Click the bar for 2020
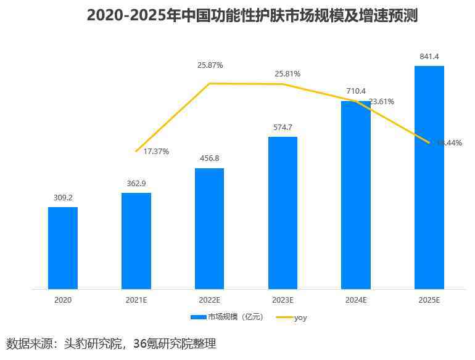click(63, 248)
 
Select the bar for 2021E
click(136, 240)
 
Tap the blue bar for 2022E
click(210, 228)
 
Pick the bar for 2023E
click(283, 213)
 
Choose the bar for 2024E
click(356, 195)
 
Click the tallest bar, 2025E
click(429, 177)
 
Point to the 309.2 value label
click(63, 198)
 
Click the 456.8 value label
click(210, 158)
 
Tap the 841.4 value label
click(429, 57)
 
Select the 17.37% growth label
click(156, 151)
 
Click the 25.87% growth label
click(210, 65)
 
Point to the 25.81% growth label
click(287, 74)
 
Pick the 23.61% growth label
click(381, 102)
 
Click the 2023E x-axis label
click(283, 300)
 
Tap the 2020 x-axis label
click(63, 300)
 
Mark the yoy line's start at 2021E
click(136, 151)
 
